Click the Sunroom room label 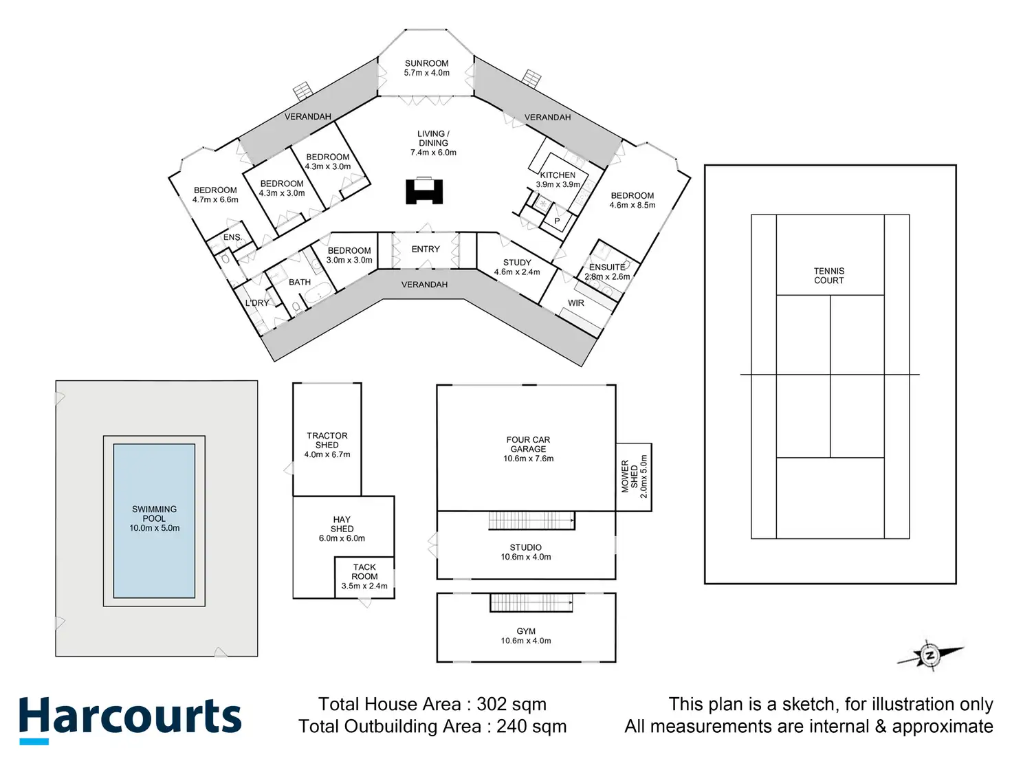[426, 63]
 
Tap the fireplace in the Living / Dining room [424, 190]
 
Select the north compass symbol [929, 655]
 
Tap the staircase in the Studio [531, 520]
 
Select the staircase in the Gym [531, 602]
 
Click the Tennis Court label [829, 276]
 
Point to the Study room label [517, 263]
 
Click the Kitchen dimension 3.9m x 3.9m [558, 184]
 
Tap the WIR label [576, 303]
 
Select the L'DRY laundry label [258, 303]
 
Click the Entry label [426, 250]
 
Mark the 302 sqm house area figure [511, 705]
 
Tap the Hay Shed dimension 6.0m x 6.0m [342, 538]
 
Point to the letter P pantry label [557, 221]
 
